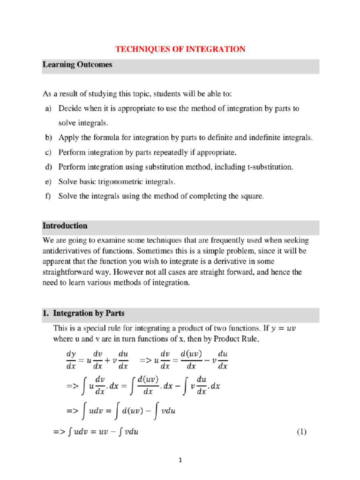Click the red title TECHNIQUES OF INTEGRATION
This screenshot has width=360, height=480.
pos(180,49)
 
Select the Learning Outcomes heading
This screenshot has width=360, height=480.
pos(77,65)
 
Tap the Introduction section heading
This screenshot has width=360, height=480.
pos(65,225)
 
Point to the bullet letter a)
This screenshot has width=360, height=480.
pos(48,109)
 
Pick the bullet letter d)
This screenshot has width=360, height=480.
pos(48,167)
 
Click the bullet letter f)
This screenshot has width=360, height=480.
pos(48,196)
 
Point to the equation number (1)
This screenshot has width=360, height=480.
pos(301,432)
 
